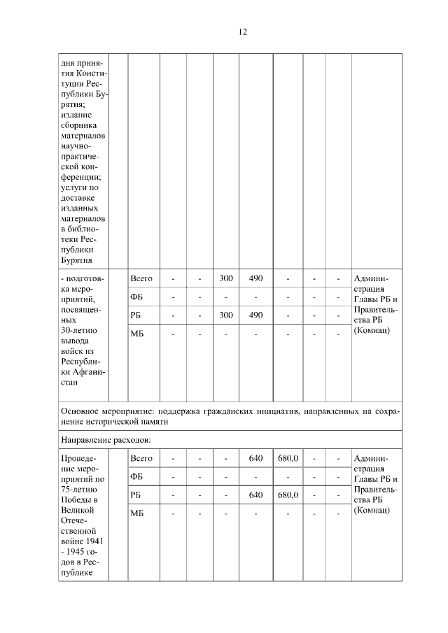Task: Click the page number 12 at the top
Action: click(242, 31)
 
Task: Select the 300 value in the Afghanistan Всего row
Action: click(226, 278)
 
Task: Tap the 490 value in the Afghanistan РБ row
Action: click(256, 315)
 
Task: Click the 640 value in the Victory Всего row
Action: click(256, 458)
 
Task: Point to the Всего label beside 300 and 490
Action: click(141, 278)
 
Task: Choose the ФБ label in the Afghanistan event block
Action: click(137, 297)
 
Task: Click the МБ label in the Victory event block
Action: click(137, 513)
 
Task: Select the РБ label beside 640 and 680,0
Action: click(136, 495)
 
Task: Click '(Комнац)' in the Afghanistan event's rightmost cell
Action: click(372, 329)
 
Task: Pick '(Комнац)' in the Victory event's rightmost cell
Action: click(372, 510)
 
